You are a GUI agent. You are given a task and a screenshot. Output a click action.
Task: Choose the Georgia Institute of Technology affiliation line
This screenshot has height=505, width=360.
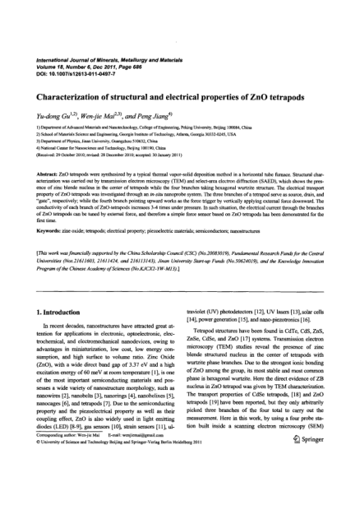[123, 136]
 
